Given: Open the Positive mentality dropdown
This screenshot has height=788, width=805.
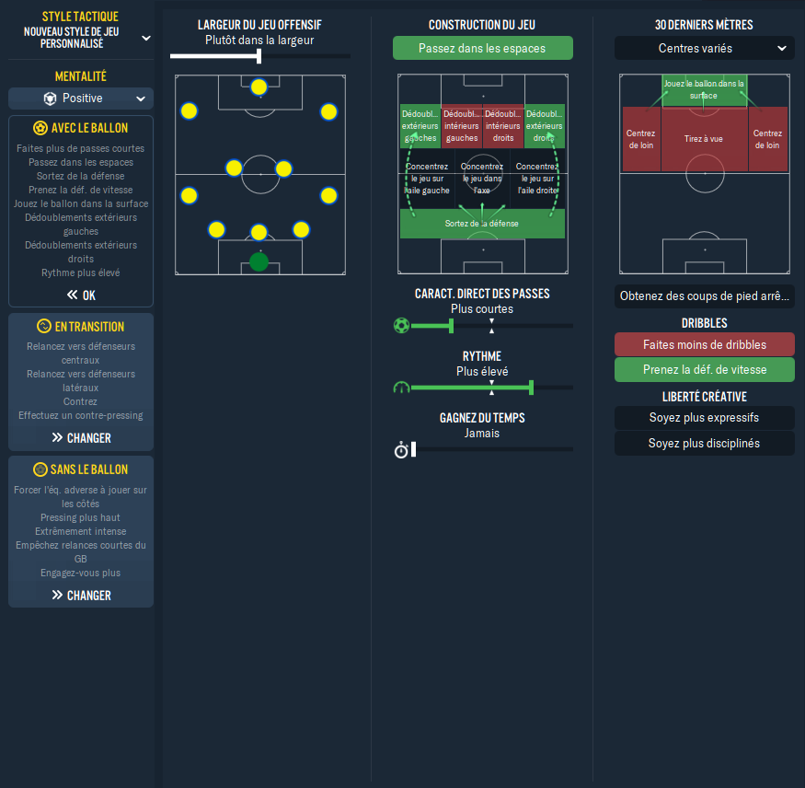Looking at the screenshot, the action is point(81,98).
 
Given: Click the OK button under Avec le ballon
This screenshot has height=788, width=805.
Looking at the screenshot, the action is point(81,295).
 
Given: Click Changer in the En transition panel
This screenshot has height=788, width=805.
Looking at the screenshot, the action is point(81,437).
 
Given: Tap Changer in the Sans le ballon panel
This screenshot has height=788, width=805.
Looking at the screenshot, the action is point(81,595).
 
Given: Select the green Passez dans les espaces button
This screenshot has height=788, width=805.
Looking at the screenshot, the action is point(483,48).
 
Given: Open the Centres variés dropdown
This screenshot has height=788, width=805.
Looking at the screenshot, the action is point(705,48).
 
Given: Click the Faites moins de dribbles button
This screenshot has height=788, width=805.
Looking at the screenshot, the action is point(705,344).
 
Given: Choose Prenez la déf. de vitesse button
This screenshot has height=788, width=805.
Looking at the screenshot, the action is point(705,369).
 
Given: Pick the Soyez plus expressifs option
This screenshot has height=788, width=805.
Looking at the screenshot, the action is point(705,418).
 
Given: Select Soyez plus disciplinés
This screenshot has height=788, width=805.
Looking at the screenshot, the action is point(705,444).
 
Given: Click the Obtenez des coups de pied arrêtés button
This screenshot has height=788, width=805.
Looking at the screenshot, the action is point(705,295).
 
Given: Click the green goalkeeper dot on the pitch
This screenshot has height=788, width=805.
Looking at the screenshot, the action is point(259,261).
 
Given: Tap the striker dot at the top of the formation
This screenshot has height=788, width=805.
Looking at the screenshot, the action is point(259,87).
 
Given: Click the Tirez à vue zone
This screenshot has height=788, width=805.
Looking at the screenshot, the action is point(704,139).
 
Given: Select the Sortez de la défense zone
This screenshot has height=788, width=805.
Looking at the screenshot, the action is point(482,224).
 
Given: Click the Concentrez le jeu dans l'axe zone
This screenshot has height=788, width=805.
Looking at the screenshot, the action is point(482,179).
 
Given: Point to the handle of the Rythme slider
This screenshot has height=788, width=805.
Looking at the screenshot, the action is point(532,388).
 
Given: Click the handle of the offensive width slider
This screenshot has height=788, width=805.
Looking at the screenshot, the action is point(259,56).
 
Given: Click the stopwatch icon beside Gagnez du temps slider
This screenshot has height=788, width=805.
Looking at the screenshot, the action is point(401,450).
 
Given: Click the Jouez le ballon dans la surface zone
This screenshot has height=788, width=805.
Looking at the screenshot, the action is point(704,90).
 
